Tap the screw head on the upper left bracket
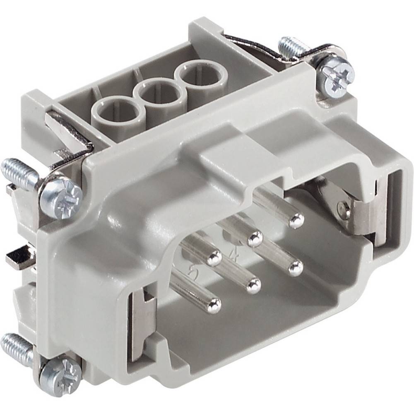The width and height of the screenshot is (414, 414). click(60, 194)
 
